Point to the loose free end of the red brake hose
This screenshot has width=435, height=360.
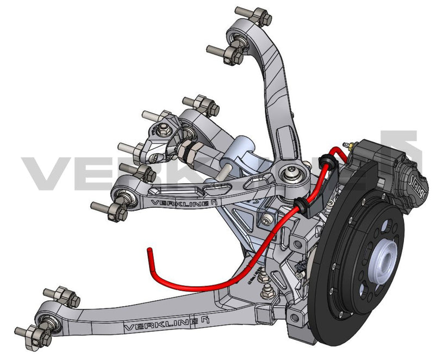click(148, 251)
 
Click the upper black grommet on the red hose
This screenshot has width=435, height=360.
click(327, 158)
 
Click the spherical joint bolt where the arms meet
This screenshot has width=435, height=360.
click(289, 175)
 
